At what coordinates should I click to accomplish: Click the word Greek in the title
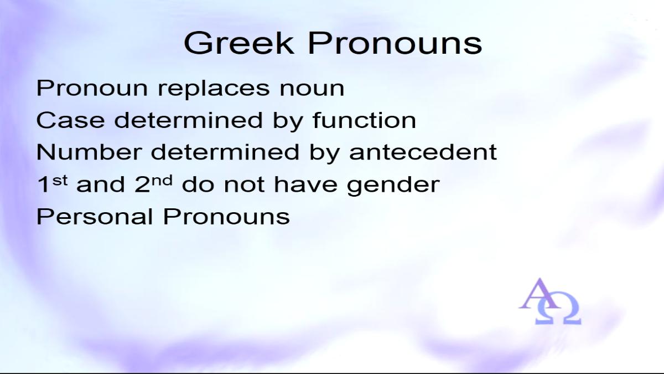point(239,43)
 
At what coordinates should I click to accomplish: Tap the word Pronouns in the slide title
point(395,43)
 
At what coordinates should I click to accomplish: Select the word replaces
point(214,89)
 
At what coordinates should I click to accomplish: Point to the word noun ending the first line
point(312,89)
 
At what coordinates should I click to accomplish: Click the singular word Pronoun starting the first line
point(92,88)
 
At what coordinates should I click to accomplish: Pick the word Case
point(71,120)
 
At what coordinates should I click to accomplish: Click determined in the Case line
point(189,120)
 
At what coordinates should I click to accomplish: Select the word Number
point(89,152)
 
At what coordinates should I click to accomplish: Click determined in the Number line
point(225,152)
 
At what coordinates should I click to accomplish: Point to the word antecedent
point(423,152)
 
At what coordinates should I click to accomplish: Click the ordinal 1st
point(52,184)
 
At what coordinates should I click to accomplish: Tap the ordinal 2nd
point(153,184)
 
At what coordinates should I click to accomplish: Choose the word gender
point(393,185)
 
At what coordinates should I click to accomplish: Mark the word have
point(305,184)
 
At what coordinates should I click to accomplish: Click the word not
point(244,185)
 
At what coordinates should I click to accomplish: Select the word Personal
point(95,216)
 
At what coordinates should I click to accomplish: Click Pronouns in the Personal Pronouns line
point(226,216)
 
